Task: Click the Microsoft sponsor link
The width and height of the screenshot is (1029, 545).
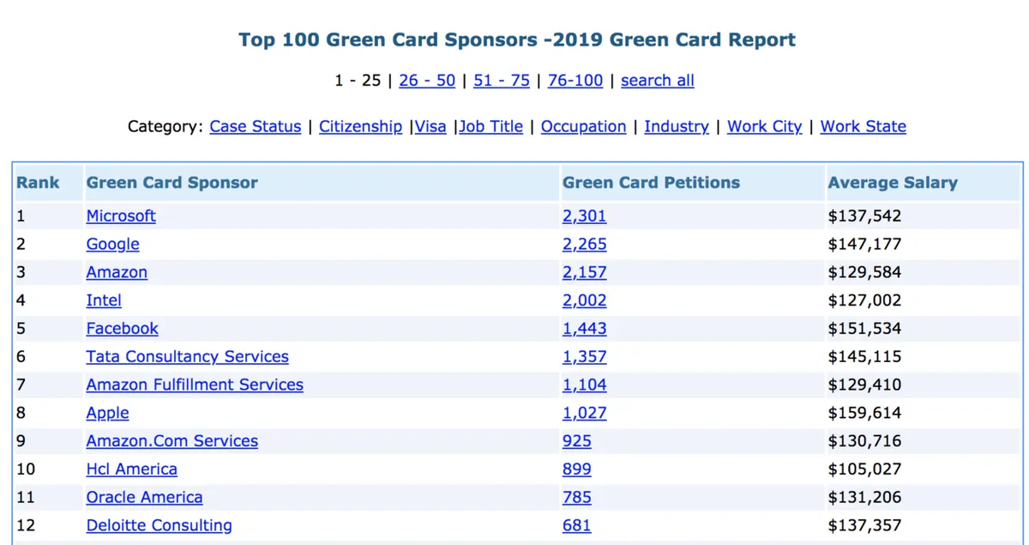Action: point(121,216)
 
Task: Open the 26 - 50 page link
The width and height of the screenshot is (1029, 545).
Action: point(427,81)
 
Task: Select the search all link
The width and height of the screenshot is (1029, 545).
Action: point(657,81)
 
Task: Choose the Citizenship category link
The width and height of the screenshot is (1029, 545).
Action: point(360,127)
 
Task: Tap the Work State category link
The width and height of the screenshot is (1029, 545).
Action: point(863,127)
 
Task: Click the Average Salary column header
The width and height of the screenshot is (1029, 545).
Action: point(893,183)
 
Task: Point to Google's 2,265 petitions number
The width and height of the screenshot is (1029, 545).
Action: point(584,245)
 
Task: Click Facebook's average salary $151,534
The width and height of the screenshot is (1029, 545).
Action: point(864,329)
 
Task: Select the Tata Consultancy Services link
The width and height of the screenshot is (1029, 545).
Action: point(187,357)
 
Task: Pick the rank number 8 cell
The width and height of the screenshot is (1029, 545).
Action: point(21,413)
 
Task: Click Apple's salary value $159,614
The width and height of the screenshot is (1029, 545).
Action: point(864,413)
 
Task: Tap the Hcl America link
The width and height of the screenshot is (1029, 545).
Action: point(131,469)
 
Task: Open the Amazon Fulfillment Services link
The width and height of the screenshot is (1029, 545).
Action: point(195,385)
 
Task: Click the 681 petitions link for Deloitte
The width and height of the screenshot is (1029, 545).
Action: point(576,525)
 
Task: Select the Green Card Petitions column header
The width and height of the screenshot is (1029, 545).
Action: point(651,183)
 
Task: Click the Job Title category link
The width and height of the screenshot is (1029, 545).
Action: point(491,127)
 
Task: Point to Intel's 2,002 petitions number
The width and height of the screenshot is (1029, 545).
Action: point(584,300)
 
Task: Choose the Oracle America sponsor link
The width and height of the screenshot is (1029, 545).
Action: point(144,498)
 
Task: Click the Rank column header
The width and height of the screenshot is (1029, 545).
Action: point(38,183)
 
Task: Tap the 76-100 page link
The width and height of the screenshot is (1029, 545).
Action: point(575,81)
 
